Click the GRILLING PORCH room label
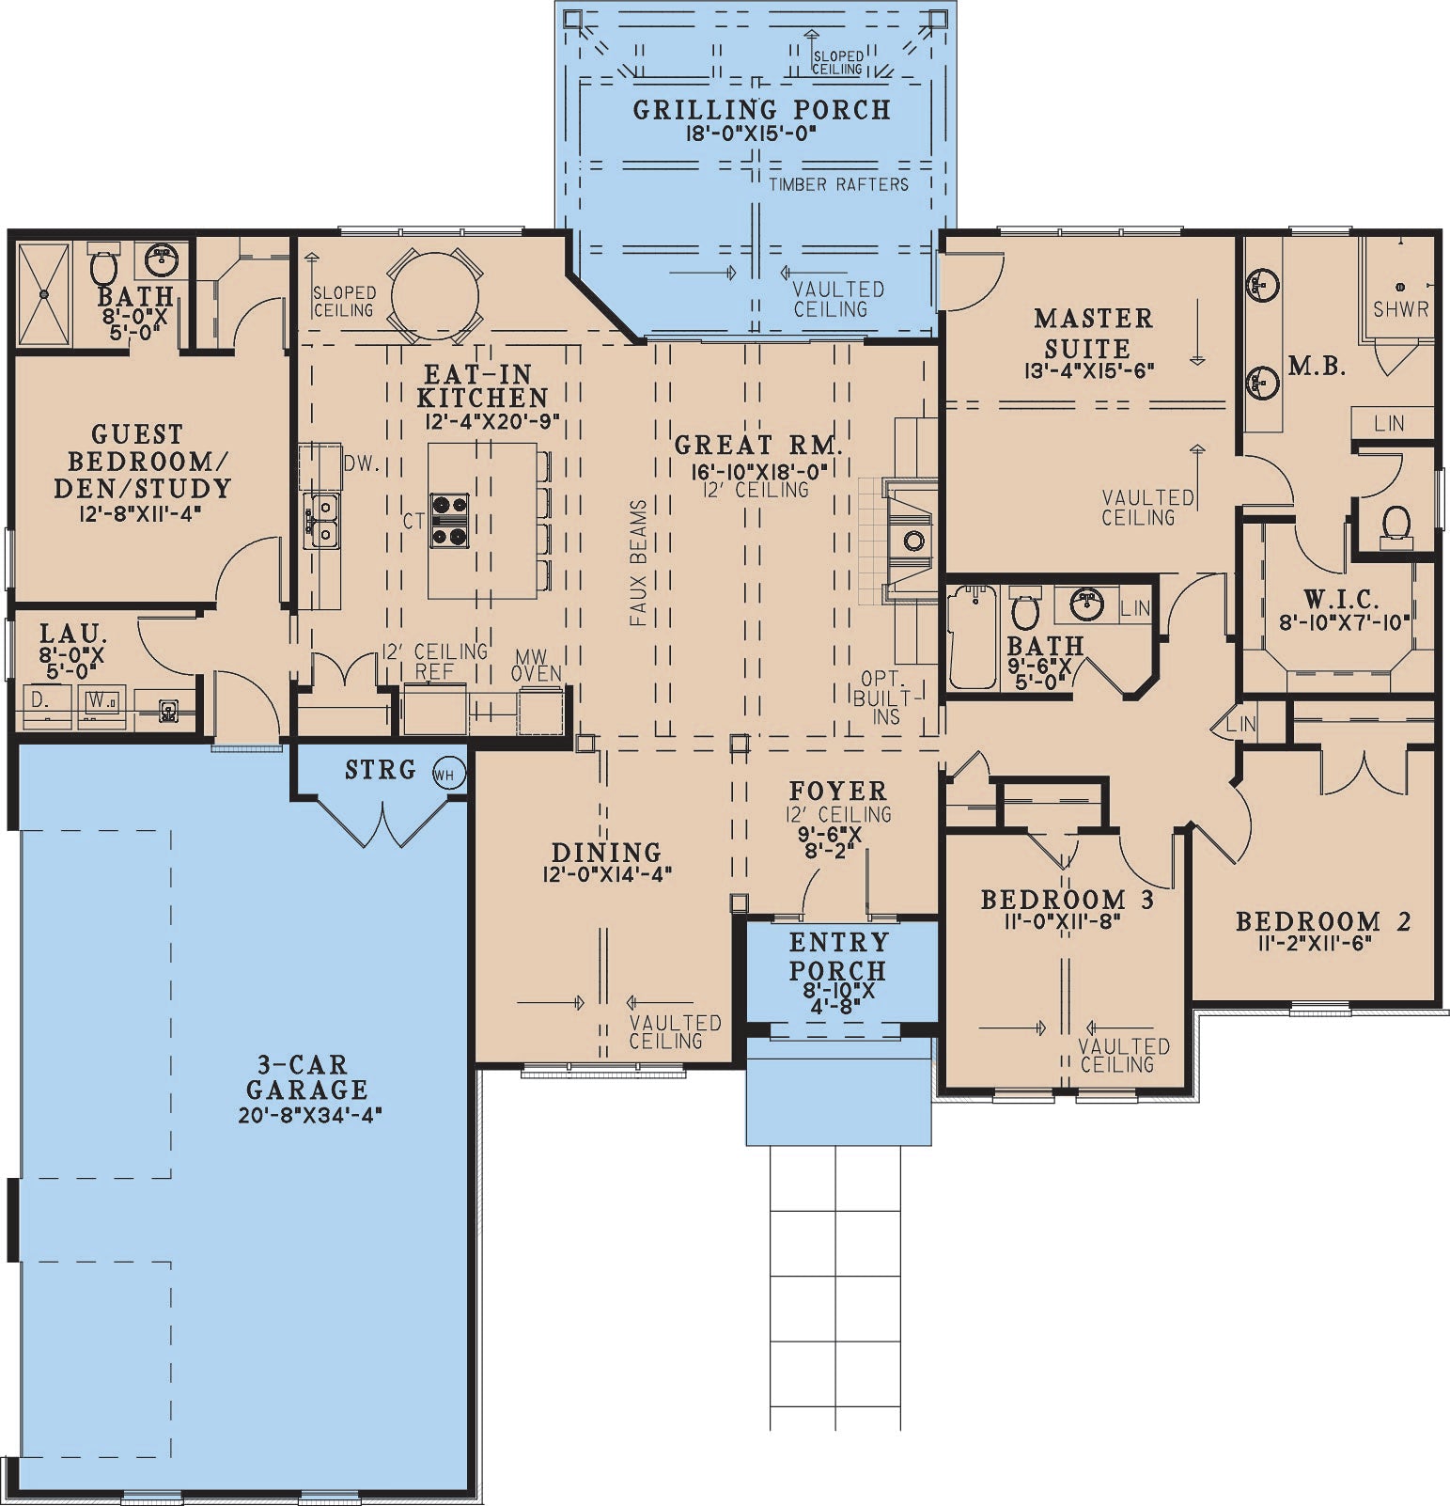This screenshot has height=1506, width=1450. click(761, 110)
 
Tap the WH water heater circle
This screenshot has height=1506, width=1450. click(448, 776)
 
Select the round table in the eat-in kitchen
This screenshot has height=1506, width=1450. click(434, 295)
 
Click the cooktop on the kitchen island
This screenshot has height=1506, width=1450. click(449, 520)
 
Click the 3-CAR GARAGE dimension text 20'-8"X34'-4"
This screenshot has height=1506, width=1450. click(310, 1116)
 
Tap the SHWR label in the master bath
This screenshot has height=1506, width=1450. click(1400, 308)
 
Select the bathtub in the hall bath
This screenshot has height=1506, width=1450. click(972, 637)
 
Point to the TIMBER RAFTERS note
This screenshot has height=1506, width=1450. click(838, 184)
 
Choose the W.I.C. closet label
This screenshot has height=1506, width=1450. click(1341, 598)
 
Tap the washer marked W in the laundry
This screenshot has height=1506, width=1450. click(101, 702)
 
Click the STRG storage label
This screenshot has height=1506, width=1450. click(380, 771)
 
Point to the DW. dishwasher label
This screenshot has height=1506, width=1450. click(361, 463)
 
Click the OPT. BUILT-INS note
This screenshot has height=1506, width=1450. click(883, 698)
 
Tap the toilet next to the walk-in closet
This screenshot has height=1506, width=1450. click(1396, 525)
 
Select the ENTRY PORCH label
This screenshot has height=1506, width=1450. click(837, 956)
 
